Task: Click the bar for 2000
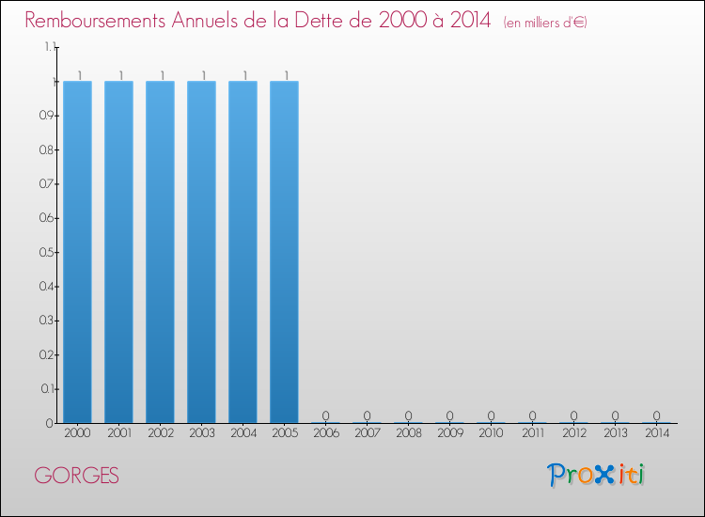coord(77,252)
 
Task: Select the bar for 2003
coord(201,252)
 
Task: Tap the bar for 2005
coord(284,252)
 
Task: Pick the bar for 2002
coord(160,252)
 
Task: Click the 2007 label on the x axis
coord(367,433)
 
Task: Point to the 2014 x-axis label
coord(656,433)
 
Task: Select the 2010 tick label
coord(491,433)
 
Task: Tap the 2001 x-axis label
coord(118,433)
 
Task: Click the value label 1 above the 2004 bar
coord(244,75)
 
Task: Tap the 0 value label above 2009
coord(449,415)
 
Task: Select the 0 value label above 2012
coord(573,415)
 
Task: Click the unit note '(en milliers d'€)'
coord(545,22)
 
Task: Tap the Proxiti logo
coord(596,475)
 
